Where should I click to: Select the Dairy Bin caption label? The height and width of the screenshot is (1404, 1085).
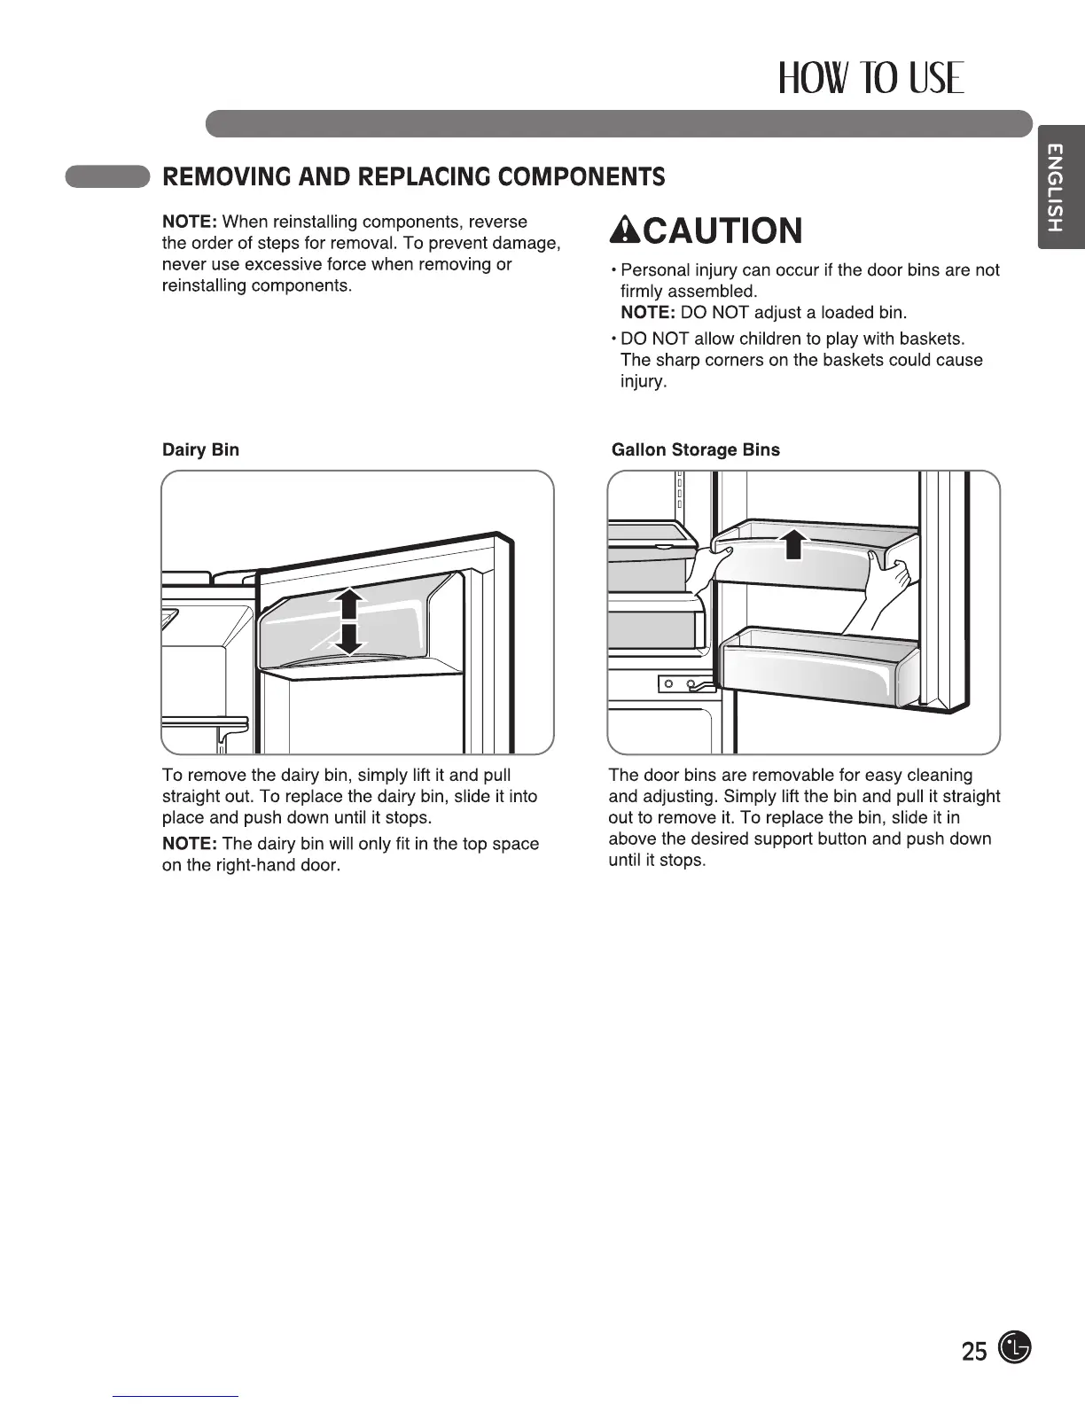click(x=200, y=449)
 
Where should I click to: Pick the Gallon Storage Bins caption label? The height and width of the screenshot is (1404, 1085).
click(x=696, y=449)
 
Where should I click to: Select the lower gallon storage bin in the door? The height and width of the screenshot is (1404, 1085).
click(x=816, y=669)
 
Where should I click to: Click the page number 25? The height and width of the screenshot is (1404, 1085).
click(x=973, y=1351)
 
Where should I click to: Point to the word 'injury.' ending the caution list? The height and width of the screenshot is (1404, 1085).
click(x=643, y=382)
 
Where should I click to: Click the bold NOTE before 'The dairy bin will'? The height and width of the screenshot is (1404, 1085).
click(x=190, y=844)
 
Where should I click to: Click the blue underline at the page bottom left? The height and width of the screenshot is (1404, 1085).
click(x=176, y=1396)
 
